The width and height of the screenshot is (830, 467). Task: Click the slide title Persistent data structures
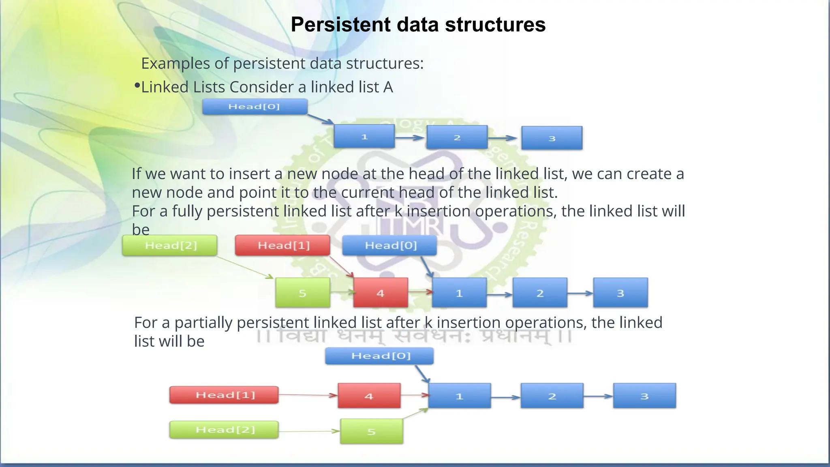[x=418, y=25]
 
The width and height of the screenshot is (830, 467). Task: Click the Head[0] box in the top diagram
[x=255, y=107]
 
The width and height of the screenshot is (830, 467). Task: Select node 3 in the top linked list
[x=552, y=138]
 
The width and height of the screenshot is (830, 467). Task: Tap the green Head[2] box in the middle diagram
[x=170, y=245]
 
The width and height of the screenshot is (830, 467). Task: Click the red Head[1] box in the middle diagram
[x=282, y=245]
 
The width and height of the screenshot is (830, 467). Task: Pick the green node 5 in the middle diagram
[x=302, y=293]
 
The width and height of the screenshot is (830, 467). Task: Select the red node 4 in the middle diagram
[x=380, y=293]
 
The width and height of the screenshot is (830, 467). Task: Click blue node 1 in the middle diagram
[x=459, y=293]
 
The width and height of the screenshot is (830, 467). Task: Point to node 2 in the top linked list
[x=457, y=137]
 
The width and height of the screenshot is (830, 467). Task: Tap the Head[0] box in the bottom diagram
[x=379, y=356]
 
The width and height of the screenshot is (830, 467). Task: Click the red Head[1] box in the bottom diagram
[x=224, y=395]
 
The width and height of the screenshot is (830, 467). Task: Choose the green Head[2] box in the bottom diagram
[x=224, y=430]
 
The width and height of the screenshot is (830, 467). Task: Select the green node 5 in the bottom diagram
[x=371, y=431]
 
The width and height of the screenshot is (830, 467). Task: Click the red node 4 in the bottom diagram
[x=369, y=396]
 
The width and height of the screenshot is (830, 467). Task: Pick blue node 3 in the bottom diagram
[x=644, y=396]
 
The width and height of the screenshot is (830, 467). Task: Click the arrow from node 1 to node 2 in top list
[x=410, y=138]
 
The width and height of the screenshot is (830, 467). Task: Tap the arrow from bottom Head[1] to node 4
[x=308, y=395]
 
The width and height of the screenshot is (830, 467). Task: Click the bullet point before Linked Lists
[x=137, y=86]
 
